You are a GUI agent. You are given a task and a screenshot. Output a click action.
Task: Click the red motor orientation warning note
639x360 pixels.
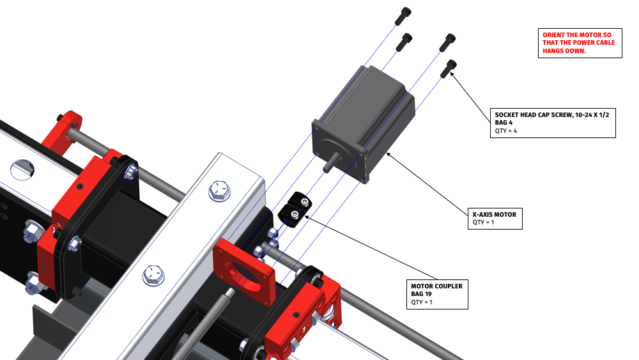point(578,43)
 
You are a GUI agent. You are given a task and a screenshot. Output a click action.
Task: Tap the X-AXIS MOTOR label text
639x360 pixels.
point(494,214)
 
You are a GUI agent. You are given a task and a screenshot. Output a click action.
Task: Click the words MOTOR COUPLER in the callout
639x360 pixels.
point(436,286)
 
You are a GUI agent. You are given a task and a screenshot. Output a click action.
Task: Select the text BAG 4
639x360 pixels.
point(505,123)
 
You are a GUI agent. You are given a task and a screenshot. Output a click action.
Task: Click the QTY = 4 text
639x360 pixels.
point(505,131)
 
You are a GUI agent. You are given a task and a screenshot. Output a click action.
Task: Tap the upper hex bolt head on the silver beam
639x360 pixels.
point(219,190)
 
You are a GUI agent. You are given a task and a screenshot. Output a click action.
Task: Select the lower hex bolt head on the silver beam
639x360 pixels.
point(154,276)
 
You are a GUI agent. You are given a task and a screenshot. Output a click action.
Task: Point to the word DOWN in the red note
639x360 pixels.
point(576,51)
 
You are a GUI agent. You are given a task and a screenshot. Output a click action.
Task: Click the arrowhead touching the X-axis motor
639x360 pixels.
point(389,155)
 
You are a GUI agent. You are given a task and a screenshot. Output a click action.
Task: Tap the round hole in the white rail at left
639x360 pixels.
point(22,169)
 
